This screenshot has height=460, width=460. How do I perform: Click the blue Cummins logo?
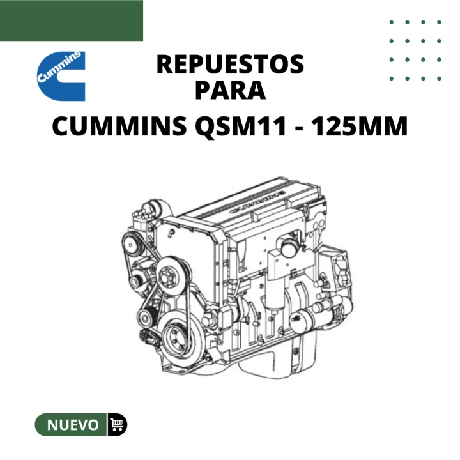(61, 76)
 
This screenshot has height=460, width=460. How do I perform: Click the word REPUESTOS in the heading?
(230, 65)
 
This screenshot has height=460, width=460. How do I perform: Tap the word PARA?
(230, 90)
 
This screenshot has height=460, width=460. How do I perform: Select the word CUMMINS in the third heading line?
(119, 126)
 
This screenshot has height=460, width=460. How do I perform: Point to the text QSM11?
(241, 126)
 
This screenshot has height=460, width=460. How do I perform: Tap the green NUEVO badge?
(71, 424)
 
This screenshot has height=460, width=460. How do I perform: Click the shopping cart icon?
(117, 424)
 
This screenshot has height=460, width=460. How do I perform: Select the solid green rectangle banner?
(72, 20)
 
